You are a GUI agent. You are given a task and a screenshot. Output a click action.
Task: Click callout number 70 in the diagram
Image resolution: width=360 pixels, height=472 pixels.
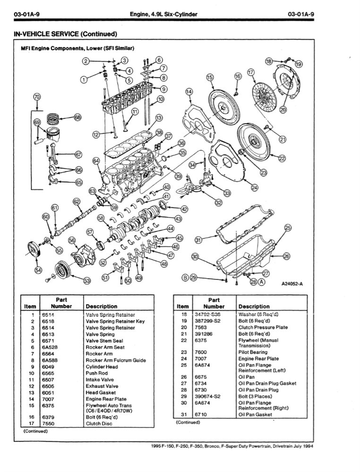pyautogui.click(x=37, y=97)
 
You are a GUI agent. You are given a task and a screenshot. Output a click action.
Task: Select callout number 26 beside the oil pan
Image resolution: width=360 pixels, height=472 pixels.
pyautogui.click(x=287, y=256)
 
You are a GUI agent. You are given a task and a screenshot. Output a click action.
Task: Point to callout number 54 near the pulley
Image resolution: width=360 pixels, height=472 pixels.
pyautogui.click(x=38, y=270)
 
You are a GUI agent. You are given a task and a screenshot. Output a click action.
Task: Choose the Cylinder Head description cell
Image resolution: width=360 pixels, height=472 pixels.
pyautogui.click(x=103, y=367)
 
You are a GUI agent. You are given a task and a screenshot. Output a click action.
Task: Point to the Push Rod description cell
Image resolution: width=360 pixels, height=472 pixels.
pyautogui.click(x=97, y=373)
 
